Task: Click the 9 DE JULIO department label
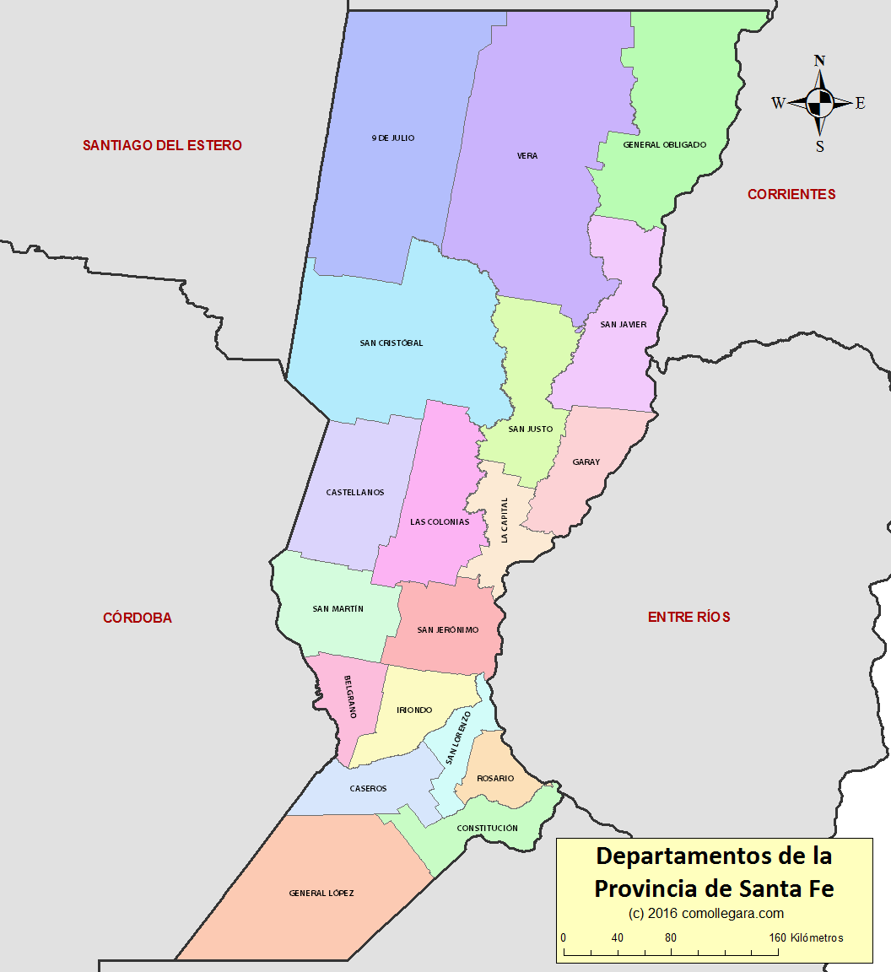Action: (393, 138)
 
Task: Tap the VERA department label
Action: (527, 156)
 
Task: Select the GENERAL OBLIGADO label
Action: (665, 145)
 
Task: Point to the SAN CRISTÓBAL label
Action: (391, 343)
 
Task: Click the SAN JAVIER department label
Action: (624, 324)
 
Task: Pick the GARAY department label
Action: (586, 462)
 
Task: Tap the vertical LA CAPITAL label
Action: (505, 520)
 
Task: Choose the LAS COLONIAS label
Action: (440, 522)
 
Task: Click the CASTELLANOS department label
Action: (355, 493)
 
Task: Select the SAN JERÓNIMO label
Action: (448, 630)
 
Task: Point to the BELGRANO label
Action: (350, 696)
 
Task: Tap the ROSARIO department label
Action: (495, 779)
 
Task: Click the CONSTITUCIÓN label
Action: (488, 829)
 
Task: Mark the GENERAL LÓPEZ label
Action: (321, 894)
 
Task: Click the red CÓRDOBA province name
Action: (138, 618)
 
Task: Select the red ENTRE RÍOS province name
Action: (689, 618)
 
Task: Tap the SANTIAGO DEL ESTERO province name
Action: (162, 145)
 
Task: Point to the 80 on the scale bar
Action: (671, 938)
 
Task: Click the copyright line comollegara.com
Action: (706, 913)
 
